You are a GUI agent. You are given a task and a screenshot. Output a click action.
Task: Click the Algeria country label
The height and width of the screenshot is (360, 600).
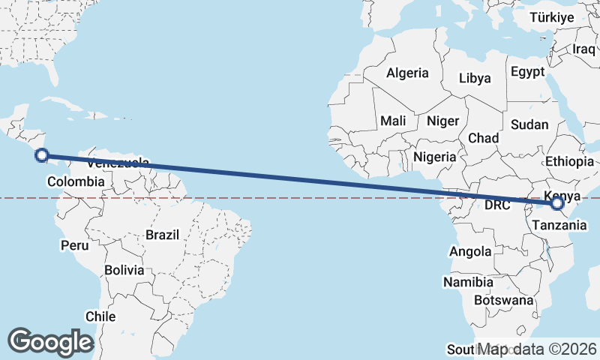(x=407, y=73)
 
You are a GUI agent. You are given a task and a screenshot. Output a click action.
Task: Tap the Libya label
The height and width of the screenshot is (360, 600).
(x=475, y=78)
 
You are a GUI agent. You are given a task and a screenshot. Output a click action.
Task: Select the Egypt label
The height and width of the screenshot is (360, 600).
(x=527, y=72)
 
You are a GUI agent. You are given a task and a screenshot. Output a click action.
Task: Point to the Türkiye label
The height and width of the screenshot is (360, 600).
(x=551, y=17)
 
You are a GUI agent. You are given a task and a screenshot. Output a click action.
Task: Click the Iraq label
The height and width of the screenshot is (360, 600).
(x=583, y=49)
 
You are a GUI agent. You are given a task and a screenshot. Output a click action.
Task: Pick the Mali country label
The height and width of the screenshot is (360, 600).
(x=393, y=121)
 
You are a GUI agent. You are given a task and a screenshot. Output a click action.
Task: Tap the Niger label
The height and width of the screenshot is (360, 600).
(x=442, y=121)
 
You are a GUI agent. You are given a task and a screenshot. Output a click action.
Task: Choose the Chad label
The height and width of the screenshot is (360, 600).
(x=483, y=139)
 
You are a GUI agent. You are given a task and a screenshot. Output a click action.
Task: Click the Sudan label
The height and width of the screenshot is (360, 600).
(x=529, y=125)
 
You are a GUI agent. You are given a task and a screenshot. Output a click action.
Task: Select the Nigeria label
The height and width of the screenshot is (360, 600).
(x=434, y=157)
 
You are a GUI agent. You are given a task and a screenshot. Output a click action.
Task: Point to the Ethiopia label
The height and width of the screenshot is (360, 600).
(x=570, y=161)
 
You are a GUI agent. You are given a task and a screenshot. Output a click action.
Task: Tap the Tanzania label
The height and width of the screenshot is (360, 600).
(x=554, y=224)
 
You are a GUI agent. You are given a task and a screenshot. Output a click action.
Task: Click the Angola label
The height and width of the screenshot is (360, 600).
(x=471, y=252)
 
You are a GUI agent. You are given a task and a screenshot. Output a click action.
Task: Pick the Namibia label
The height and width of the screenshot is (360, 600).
(x=468, y=283)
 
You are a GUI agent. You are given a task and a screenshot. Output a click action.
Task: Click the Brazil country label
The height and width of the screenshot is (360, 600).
(x=163, y=235)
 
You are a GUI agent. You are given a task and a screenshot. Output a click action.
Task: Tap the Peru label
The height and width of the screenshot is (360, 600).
(x=74, y=245)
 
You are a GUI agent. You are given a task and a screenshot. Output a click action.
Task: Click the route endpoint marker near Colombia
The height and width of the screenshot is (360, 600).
(x=42, y=156)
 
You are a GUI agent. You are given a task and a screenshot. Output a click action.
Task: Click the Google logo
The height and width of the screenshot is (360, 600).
(x=50, y=342)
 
